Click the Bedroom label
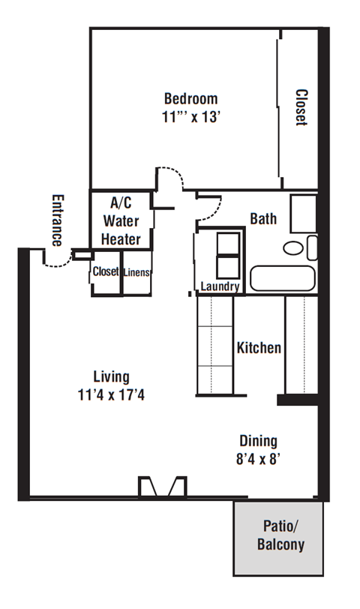pos(190,99)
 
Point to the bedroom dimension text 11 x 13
pos(191,117)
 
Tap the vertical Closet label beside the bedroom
pos(301,107)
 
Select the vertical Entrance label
pos(58,220)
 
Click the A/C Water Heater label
pos(121,221)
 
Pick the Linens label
pos(136,272)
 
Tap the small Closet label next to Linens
pos(106,271)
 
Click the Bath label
pos(263,219)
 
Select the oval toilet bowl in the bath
pos(292,247)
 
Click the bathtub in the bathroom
pos(282,278)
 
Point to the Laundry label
pos(220,286)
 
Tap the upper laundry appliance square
pos(228,244)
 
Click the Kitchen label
pos(259,347)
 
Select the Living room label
pos(112,376)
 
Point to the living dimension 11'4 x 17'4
pos(111,395)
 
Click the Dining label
pos(258,441)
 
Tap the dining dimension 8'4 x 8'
pos(258,459)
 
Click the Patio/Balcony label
pos(280,535)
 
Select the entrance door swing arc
pos(58,263)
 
